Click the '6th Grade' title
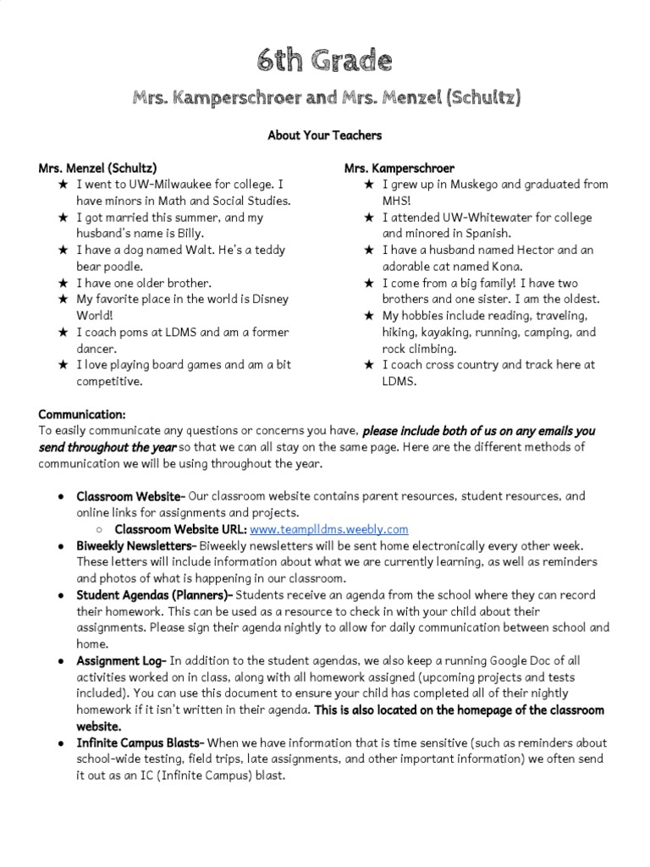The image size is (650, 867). tap(325, 61)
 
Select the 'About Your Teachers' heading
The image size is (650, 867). tap(325, 135)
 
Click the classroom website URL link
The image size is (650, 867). tap(329, 529)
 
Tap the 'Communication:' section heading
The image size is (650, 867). tap(82, 414)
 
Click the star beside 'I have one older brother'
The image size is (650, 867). tap(63, 283)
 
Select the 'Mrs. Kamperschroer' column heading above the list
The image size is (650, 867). tap(399, 168)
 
